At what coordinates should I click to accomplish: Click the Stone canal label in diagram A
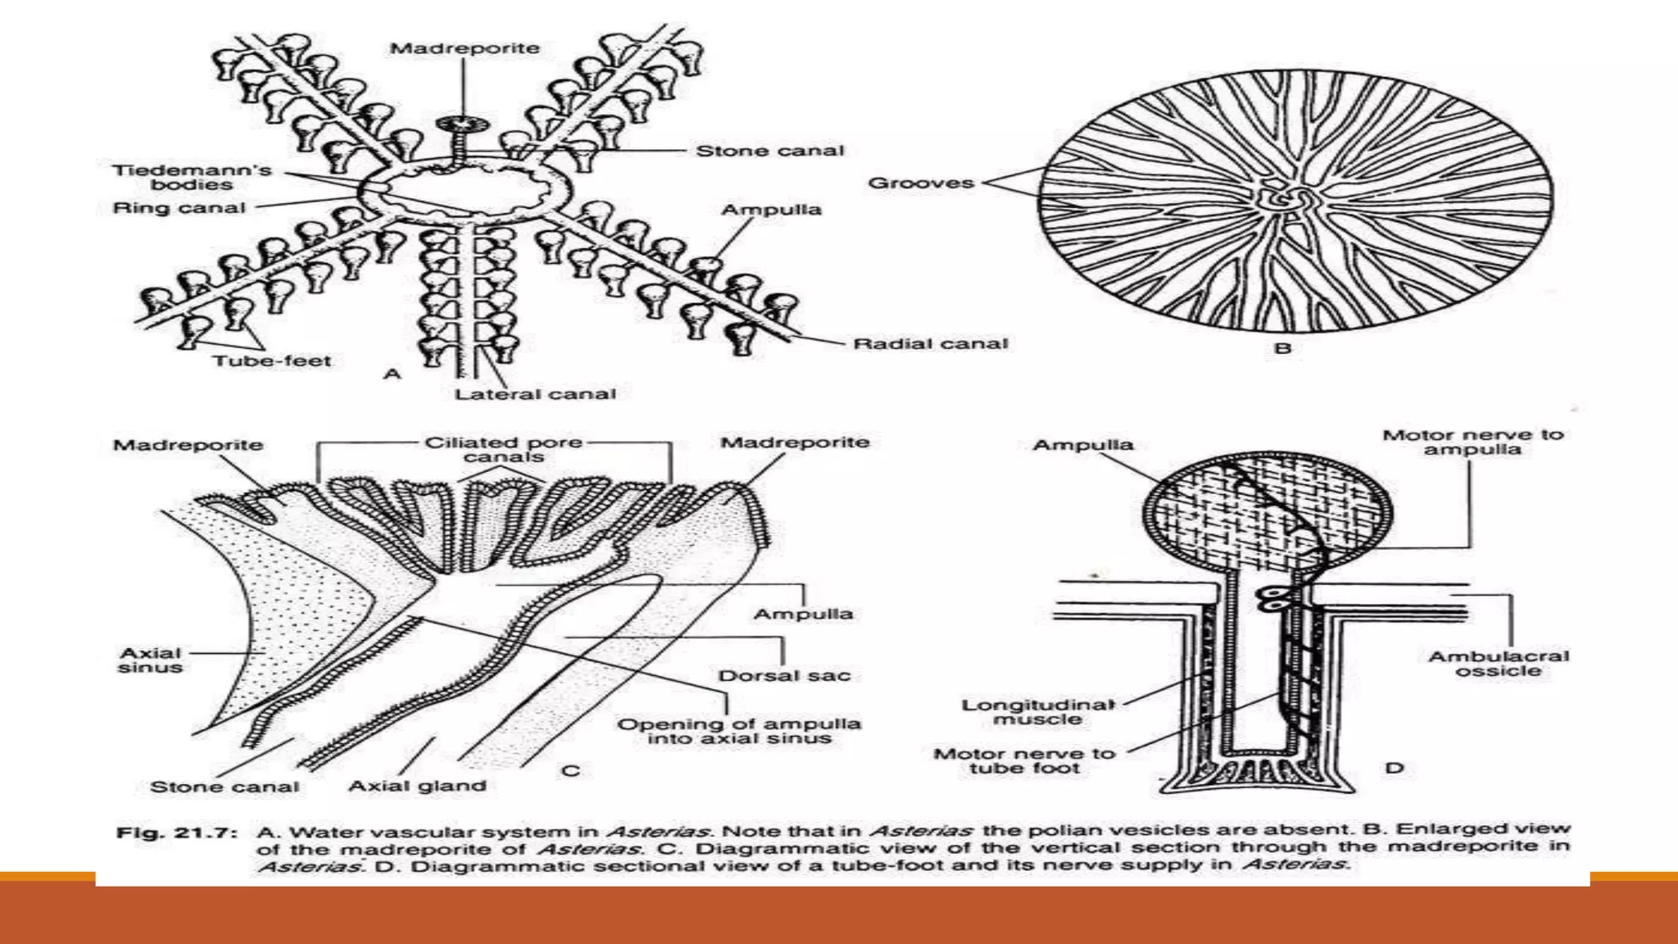point(769,151)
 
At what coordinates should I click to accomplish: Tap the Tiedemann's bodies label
point(192,177)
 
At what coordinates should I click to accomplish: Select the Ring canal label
point(179,208)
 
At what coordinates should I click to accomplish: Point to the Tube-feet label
point(272,361)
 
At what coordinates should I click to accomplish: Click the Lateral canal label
point(535,394)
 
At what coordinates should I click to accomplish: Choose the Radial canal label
point(930,344)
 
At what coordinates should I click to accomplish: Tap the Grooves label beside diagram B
point(921,183)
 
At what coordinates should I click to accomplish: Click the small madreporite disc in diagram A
point(462,125)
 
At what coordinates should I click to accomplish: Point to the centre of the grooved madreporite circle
point(1295,201)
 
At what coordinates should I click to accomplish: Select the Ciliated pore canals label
point(503,449)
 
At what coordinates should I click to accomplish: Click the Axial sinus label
point(150,660)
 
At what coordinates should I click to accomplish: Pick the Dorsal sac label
point(784,676)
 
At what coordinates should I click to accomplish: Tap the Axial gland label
point(417,786)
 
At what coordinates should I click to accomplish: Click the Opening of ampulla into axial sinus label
point(738,731)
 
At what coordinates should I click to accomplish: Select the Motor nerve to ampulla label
point(1472,442)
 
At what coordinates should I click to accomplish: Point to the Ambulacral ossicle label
point(1498,663)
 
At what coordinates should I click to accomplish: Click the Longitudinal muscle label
point(1038,711)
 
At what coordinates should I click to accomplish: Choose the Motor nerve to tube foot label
point(1024,760)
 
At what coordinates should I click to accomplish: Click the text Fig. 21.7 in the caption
point(177,833)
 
